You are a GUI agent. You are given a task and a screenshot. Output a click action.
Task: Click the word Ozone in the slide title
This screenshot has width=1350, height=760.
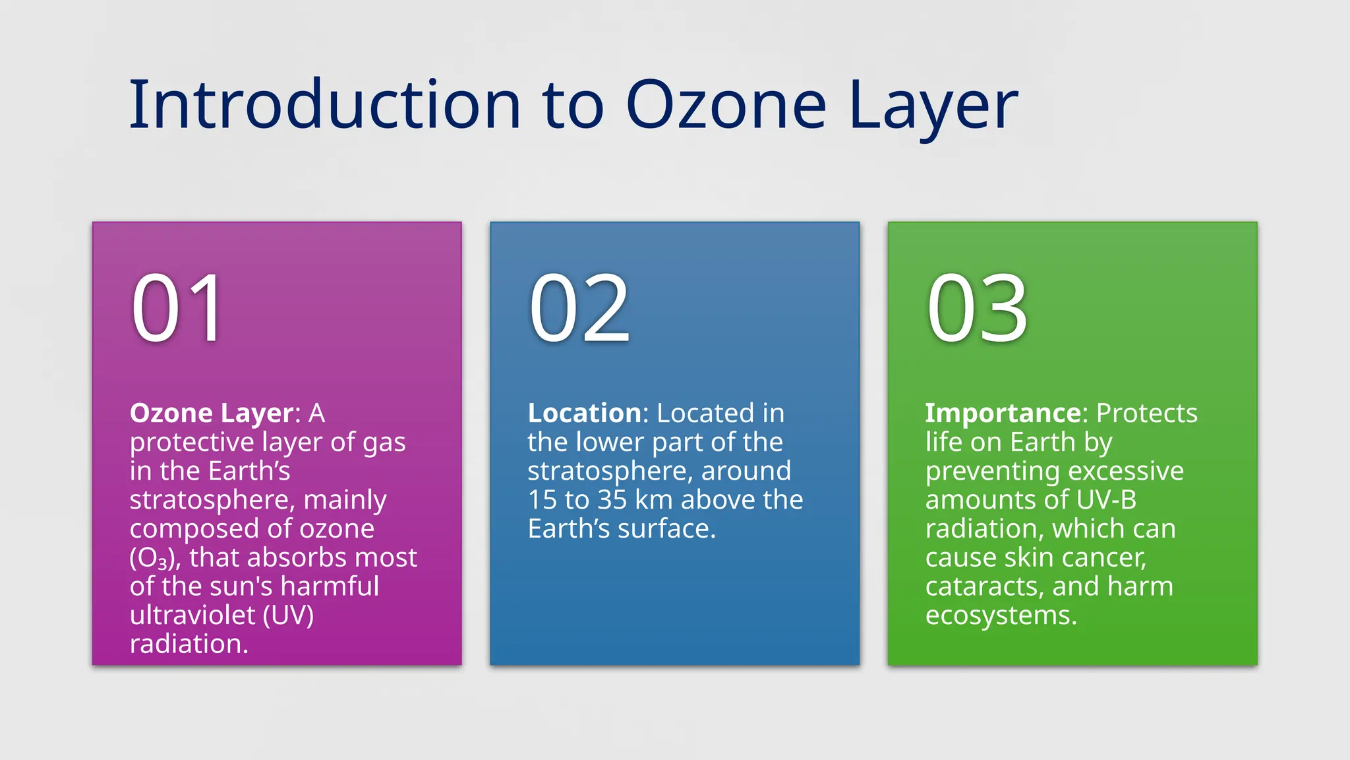[725, 106]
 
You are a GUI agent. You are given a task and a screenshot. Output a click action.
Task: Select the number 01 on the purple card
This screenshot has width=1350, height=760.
[178, 309]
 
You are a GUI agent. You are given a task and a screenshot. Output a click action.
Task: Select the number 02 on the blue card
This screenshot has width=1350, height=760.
[579, 309]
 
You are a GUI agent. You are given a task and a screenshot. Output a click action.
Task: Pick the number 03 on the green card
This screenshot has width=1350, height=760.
[977, 309]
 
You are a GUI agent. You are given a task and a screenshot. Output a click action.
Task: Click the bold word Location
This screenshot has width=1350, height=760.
[584, 414]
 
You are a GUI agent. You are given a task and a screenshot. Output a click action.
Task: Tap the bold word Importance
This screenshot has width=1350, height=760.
[1002, 414]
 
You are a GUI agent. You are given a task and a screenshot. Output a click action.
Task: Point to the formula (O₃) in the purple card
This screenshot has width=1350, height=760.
[154, 559]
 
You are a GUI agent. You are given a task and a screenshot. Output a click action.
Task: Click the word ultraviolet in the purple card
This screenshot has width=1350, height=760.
[192, 616]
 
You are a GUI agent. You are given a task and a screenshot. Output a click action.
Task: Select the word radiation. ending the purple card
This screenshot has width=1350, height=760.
[189, 645]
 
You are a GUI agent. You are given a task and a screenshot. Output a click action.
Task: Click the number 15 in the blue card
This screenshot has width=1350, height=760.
[542, 500]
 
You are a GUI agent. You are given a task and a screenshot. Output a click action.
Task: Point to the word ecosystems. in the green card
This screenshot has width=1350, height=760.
[1001, 616]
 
